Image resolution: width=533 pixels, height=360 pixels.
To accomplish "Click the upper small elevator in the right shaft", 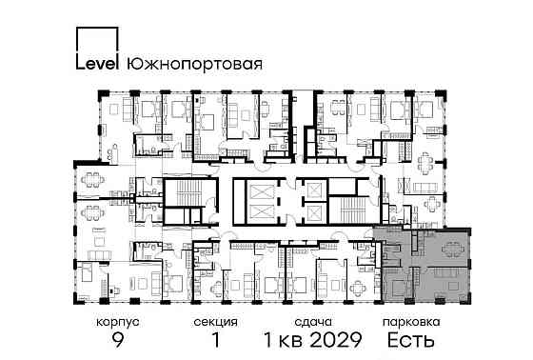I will click(x=311, y=191).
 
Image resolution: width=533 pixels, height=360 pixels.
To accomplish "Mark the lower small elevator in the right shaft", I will click(x=311, y=217).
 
